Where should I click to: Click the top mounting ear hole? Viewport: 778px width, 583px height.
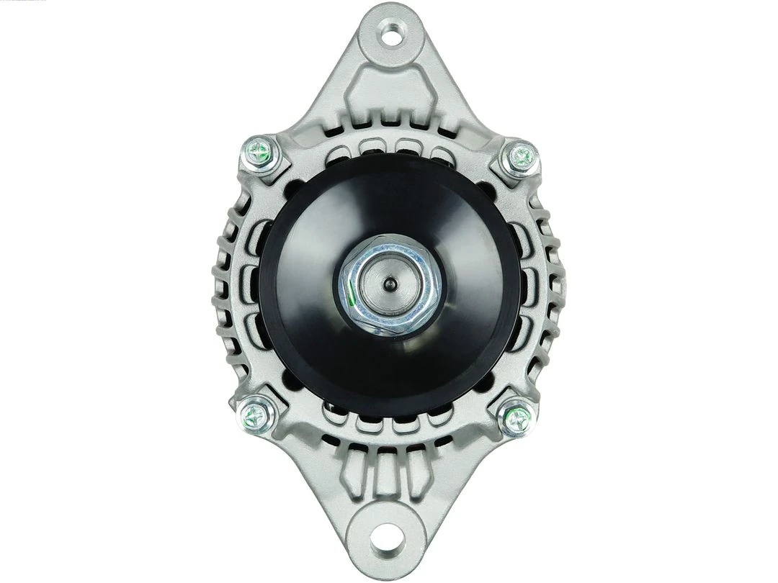(390, 35)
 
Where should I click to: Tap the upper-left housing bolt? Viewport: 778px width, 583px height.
(260, 153)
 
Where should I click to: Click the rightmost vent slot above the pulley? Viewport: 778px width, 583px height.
(441, 153)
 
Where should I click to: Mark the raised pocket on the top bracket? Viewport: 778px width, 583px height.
(389, 94)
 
